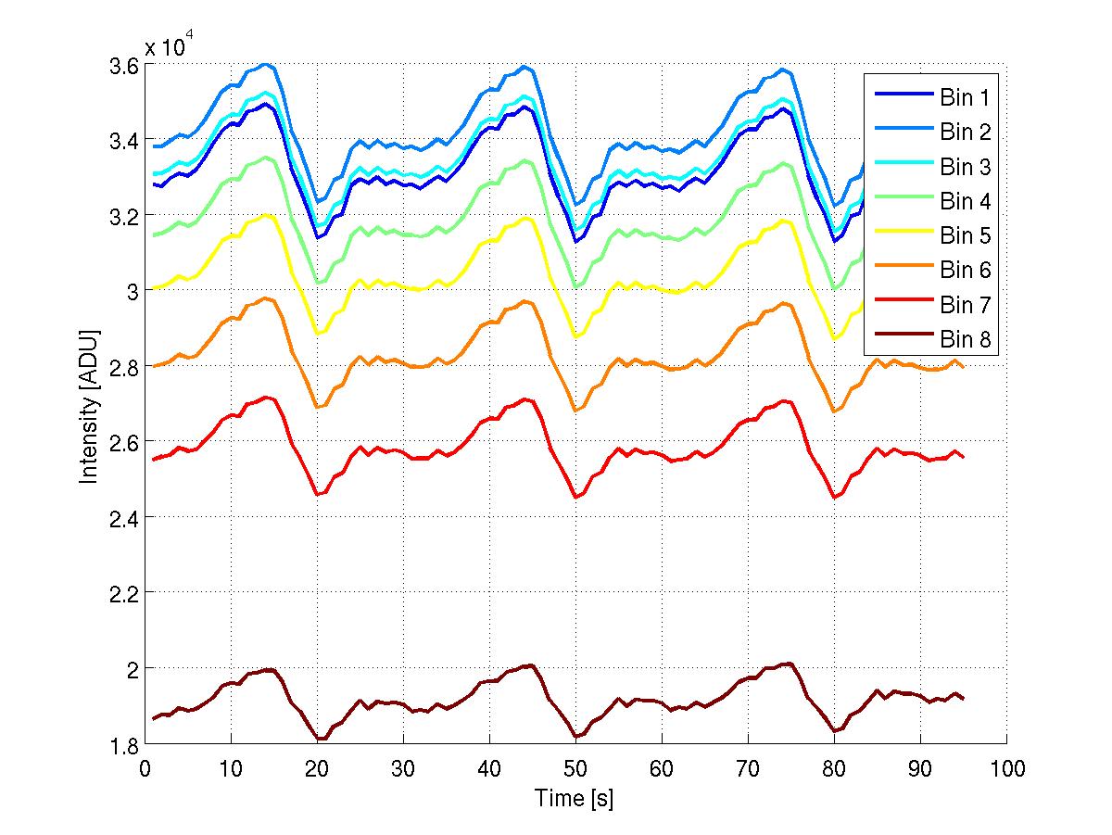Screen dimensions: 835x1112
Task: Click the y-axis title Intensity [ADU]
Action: [89, 404]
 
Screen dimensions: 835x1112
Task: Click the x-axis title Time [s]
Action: [574, 798]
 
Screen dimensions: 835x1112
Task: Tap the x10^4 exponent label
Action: [168, 46]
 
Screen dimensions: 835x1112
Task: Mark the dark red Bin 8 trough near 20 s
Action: [318, 739]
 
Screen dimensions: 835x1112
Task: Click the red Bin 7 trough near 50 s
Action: [575, 498]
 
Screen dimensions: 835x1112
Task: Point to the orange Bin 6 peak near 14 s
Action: [266, 297]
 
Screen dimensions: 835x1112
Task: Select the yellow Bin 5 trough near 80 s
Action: [835, 338]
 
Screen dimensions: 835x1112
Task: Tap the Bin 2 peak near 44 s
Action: [524, 66]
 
